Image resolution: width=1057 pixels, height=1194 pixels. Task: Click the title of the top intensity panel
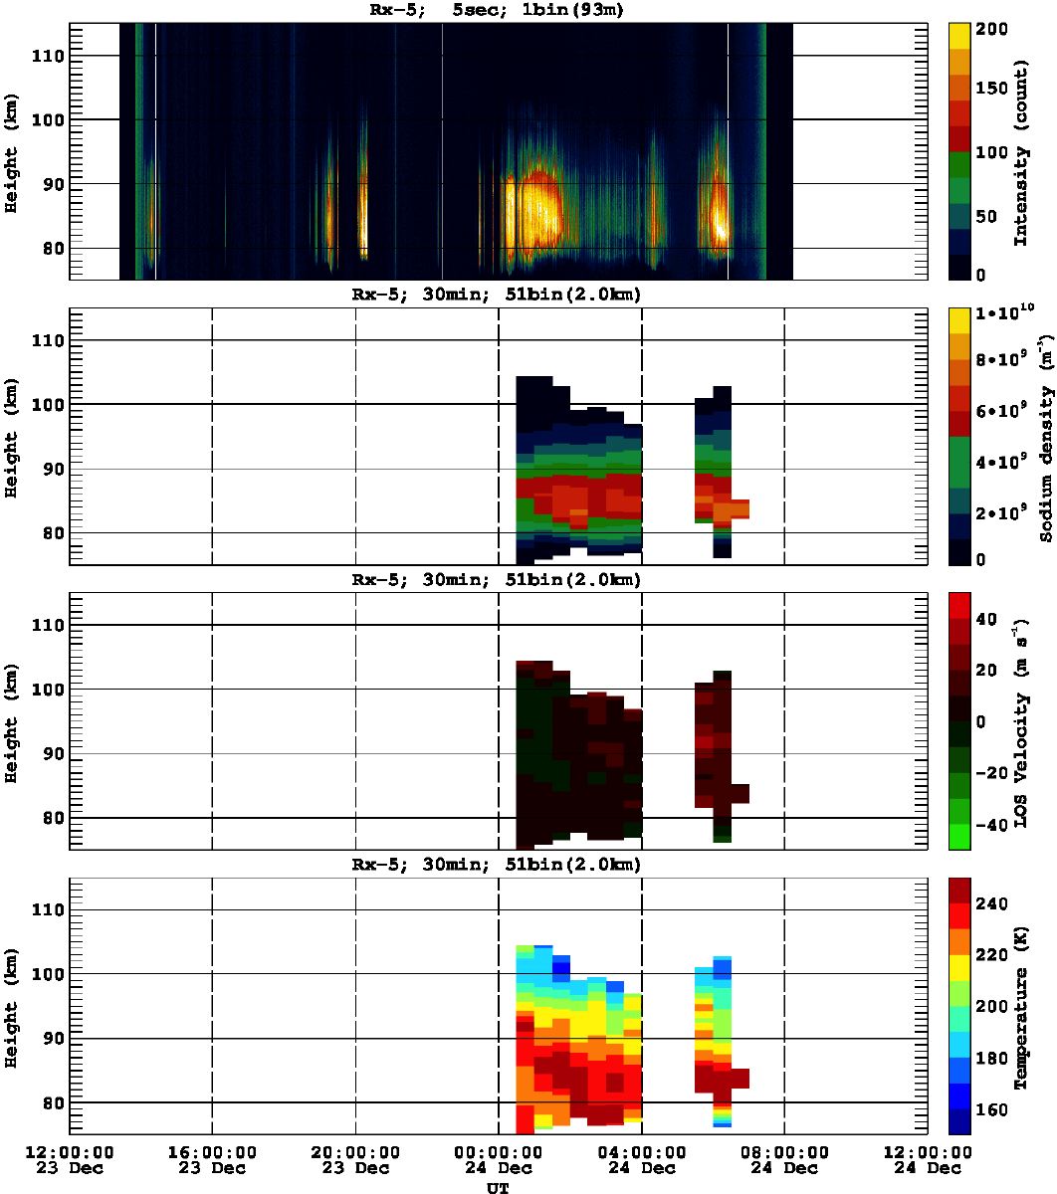[x=497, y=11]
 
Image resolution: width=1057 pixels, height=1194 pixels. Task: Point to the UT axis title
[x=498, y=1186]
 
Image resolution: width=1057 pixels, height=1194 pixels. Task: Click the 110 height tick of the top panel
[x=48, y=56]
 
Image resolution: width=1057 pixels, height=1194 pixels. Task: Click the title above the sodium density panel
[x=497, y=296]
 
